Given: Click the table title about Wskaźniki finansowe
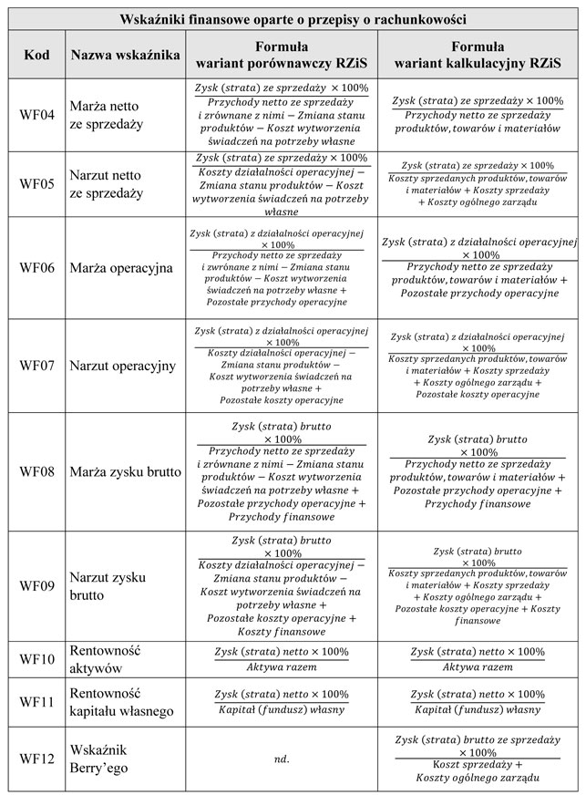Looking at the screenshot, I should (x=293, y=18).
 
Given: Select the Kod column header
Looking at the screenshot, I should (x=35, y=56).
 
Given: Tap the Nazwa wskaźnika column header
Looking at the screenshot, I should (x=125, y=56).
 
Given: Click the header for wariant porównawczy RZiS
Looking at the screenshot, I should (x=282, y=55).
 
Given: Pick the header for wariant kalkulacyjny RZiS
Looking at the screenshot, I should (x=478, y=55).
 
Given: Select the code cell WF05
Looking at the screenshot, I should (x=36, y=183).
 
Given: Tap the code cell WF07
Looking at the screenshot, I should (x=36, y=366).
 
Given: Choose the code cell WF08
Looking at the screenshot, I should (x=36, y=471).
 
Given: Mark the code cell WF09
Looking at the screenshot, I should (x=36, y=586).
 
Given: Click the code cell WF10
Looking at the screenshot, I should (x=36, y=658).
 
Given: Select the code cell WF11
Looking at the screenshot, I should (x=36, y=702).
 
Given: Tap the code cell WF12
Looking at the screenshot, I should (x=36, y=759).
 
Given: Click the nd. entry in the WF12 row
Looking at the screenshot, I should (x=282, y=759).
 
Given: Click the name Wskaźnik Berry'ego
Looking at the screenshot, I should (x=100, y=759).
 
